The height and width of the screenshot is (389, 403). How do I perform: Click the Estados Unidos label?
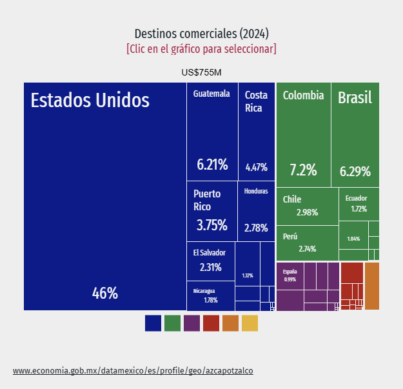pos(90,101)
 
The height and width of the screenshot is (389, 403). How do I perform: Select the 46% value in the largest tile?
pos(105,294)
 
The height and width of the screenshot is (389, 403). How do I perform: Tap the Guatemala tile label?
pos(211,94)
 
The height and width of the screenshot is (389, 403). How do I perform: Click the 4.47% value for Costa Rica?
pos(257,167)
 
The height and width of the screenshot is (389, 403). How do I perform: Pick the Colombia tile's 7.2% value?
pos(303,170)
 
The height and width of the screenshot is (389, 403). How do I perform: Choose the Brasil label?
pos(355,98)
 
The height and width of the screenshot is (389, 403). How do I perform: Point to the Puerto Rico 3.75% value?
pos(211,225)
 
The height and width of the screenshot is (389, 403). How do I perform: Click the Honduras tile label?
pos(256,192)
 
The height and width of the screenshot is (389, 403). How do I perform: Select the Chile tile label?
pos(292,199)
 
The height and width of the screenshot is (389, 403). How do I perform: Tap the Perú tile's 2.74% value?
pos(308,249)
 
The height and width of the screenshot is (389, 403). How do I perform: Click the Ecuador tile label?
pos(356,198)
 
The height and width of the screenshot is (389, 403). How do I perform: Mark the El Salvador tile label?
pos(210,253)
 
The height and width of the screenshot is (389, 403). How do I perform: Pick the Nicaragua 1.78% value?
pos(211,300)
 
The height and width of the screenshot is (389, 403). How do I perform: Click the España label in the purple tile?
pos(290,272)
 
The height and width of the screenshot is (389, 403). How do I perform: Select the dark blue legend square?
pos(153,323)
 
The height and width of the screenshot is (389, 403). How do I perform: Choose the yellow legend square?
pos(250,323)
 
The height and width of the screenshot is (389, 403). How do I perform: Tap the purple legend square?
pos(192,323)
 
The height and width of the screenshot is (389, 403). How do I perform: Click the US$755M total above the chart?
pos(202,72)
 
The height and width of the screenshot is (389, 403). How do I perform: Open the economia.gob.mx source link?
pos(133,371)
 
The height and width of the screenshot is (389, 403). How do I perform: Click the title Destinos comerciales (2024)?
pos(202,34)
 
